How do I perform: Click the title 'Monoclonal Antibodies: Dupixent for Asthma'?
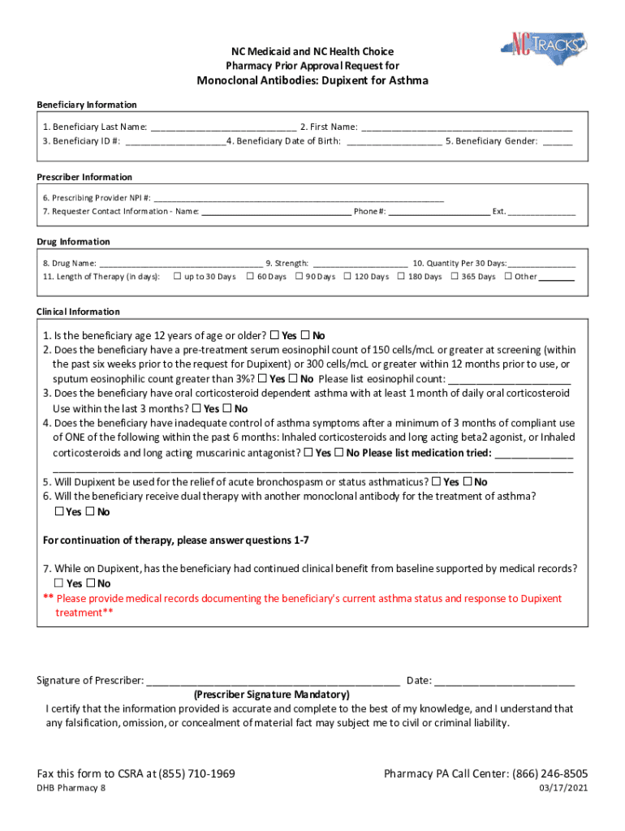(x=312, y=80)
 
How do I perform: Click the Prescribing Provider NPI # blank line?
(x=299, y=198)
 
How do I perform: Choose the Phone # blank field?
(x=439, y=212)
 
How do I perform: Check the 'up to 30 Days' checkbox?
(x=177, y=277)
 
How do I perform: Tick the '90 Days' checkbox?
(x=299, y=277)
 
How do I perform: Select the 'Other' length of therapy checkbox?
(x=508, y=277)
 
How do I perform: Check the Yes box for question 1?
(x=274, y=335)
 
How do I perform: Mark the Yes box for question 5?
(x=437, y=481)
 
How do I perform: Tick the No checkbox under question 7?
(x=90, y=583)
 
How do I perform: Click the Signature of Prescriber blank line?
(x=273, y=681)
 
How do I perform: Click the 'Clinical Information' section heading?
(x=78, y=312)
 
